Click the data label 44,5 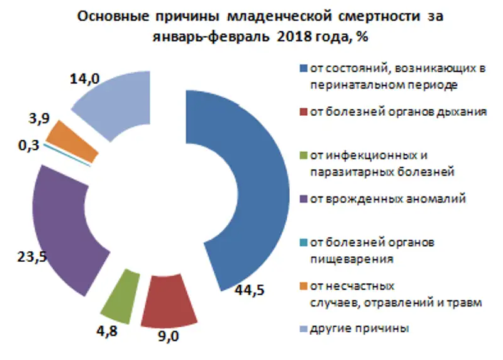(x=248, y=290)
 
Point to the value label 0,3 (x=29, y=146)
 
